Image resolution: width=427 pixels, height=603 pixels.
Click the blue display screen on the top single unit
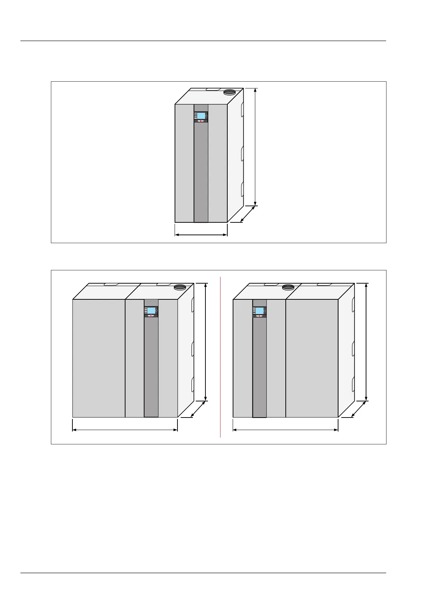tap(201, 116)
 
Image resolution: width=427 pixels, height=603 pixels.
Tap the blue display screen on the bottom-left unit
tap(151, 310)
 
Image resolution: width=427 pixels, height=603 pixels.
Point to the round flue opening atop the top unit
tap(229, 92)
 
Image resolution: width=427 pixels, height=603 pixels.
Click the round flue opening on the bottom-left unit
tap(180, 287)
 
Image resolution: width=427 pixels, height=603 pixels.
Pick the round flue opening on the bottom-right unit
tap(288, 287)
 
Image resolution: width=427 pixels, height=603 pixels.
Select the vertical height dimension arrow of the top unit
tap(255, 147)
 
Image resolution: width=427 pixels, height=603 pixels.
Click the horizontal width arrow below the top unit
tap(201, 235)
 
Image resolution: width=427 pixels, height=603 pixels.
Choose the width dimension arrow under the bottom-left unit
tap(125, 430)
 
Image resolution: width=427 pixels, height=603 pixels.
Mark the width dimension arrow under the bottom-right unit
tap(285, 430)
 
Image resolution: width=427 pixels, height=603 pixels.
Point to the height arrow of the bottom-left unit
tap(205, 342)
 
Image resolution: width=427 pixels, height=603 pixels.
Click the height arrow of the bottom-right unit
tap(366, 342)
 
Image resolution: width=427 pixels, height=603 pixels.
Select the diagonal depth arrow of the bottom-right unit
tap(358, 409)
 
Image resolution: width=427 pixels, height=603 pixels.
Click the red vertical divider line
tap(220, 358)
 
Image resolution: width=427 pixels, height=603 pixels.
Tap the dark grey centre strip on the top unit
tap(201, 172)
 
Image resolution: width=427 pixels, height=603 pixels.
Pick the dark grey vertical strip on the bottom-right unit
tap(260, 369)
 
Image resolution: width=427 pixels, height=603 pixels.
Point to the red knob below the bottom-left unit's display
tap(151, 316)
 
